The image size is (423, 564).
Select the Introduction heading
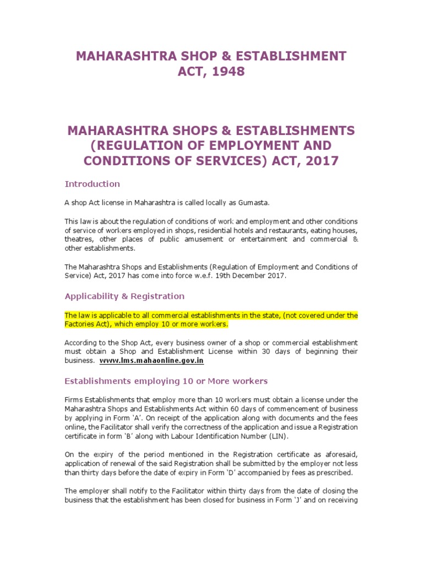(x=92, y=184)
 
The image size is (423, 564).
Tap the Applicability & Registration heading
(x=124, y=296)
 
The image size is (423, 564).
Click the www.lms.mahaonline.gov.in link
(x=152, y=361)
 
